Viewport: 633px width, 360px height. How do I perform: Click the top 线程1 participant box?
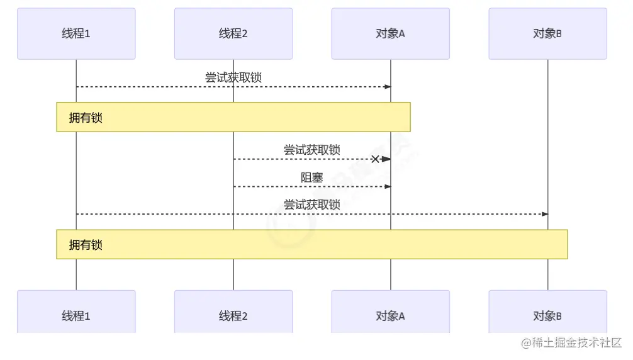(x=76, y=33)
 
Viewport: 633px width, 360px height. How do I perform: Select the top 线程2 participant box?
(x=233, y=33)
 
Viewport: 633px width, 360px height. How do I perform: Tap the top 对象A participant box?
(x=390, y=33)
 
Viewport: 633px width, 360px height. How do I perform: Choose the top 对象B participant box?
(x=547, y=33)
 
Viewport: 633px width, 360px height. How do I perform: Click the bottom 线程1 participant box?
(x=76, y=315)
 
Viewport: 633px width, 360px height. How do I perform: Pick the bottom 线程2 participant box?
(x=233, y=315)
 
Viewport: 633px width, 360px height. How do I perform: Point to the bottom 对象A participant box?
(x=390, y=315)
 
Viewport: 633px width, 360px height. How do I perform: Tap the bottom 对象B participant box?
(x=547, y=315)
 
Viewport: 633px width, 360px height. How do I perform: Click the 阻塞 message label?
(x=311, y=177)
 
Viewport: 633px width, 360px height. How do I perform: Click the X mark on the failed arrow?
(x=375, y=159)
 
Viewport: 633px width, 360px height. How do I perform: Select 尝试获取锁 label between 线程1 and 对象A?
(x=233, y=77)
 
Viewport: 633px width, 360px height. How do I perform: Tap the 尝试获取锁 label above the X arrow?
(x=311, y=150)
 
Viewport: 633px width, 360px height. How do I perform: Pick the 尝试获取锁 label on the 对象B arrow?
(x=311, y=205)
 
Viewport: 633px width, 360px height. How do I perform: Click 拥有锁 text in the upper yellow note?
(x=86, y=118)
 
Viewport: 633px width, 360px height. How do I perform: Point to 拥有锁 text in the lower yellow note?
(x=86, y=245)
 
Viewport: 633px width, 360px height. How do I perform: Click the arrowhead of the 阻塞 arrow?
(x=388, y=186)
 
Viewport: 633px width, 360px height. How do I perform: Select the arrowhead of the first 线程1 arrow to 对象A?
(x=388, y=87)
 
